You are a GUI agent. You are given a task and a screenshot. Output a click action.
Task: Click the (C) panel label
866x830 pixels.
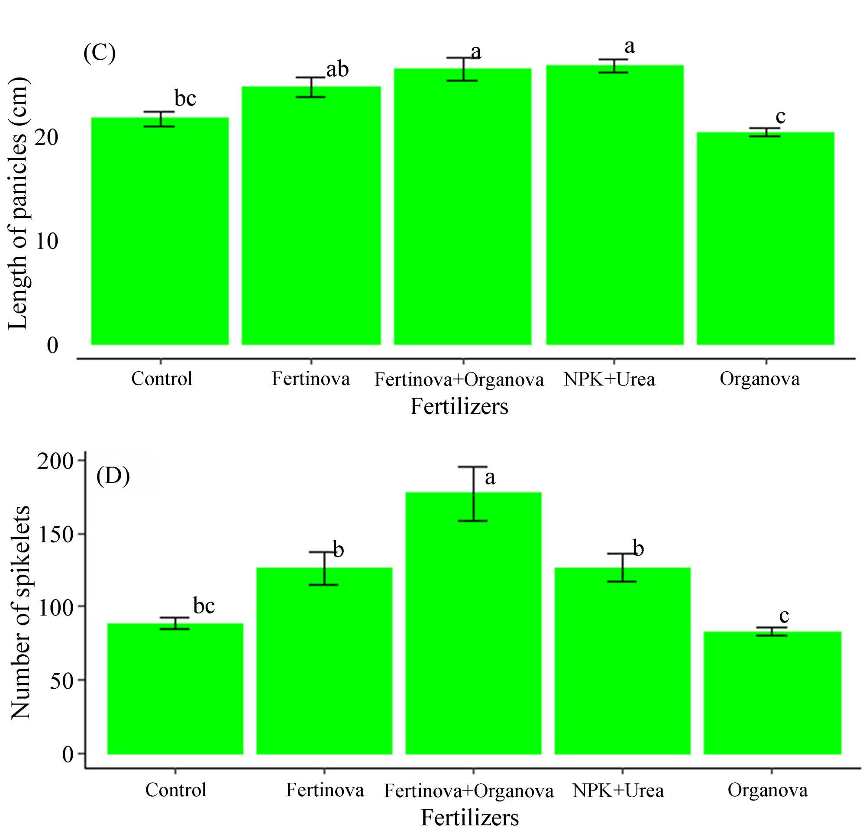tap(100, 53)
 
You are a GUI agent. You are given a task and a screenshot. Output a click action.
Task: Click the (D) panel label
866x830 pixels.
tap(113, 476)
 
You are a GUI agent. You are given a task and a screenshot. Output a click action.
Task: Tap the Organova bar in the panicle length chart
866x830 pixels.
tap(765, 239)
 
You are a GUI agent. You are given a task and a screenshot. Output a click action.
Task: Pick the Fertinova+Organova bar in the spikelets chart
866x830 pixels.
tap(473, 623)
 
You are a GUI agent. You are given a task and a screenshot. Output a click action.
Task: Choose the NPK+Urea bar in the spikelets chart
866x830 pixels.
tap(622, 661)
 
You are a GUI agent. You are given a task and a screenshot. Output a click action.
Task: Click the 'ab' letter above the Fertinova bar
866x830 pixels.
tap(338, 69)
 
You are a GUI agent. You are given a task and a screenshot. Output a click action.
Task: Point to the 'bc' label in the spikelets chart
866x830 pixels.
tap(204, 606)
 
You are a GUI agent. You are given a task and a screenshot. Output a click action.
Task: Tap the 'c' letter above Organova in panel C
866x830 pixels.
tap(781, 116)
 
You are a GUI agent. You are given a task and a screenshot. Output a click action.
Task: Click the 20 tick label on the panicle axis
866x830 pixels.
tap(46, 137)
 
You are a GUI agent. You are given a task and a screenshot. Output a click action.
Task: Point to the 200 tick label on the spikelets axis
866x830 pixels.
tap(55, 461)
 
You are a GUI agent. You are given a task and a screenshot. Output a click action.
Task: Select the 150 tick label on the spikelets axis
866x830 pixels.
tap(56, 535)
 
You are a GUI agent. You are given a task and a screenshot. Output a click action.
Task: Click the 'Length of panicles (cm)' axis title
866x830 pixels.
tap(19, 203)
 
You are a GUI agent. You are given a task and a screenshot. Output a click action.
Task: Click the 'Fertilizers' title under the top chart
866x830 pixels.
tap(459, 406)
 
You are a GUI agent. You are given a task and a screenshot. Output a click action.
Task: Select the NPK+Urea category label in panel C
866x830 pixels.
tap(609, 379)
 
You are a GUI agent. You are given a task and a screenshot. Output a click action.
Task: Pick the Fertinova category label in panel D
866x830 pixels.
tap(325, 790)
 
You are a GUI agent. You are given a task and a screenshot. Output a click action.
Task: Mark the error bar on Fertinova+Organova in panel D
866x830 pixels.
tap(473, 494)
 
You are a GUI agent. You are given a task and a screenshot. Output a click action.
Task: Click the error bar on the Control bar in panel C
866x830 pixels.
tap(160, 119)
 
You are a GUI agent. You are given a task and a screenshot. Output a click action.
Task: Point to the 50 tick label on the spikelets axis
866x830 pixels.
tap(61, 681)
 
